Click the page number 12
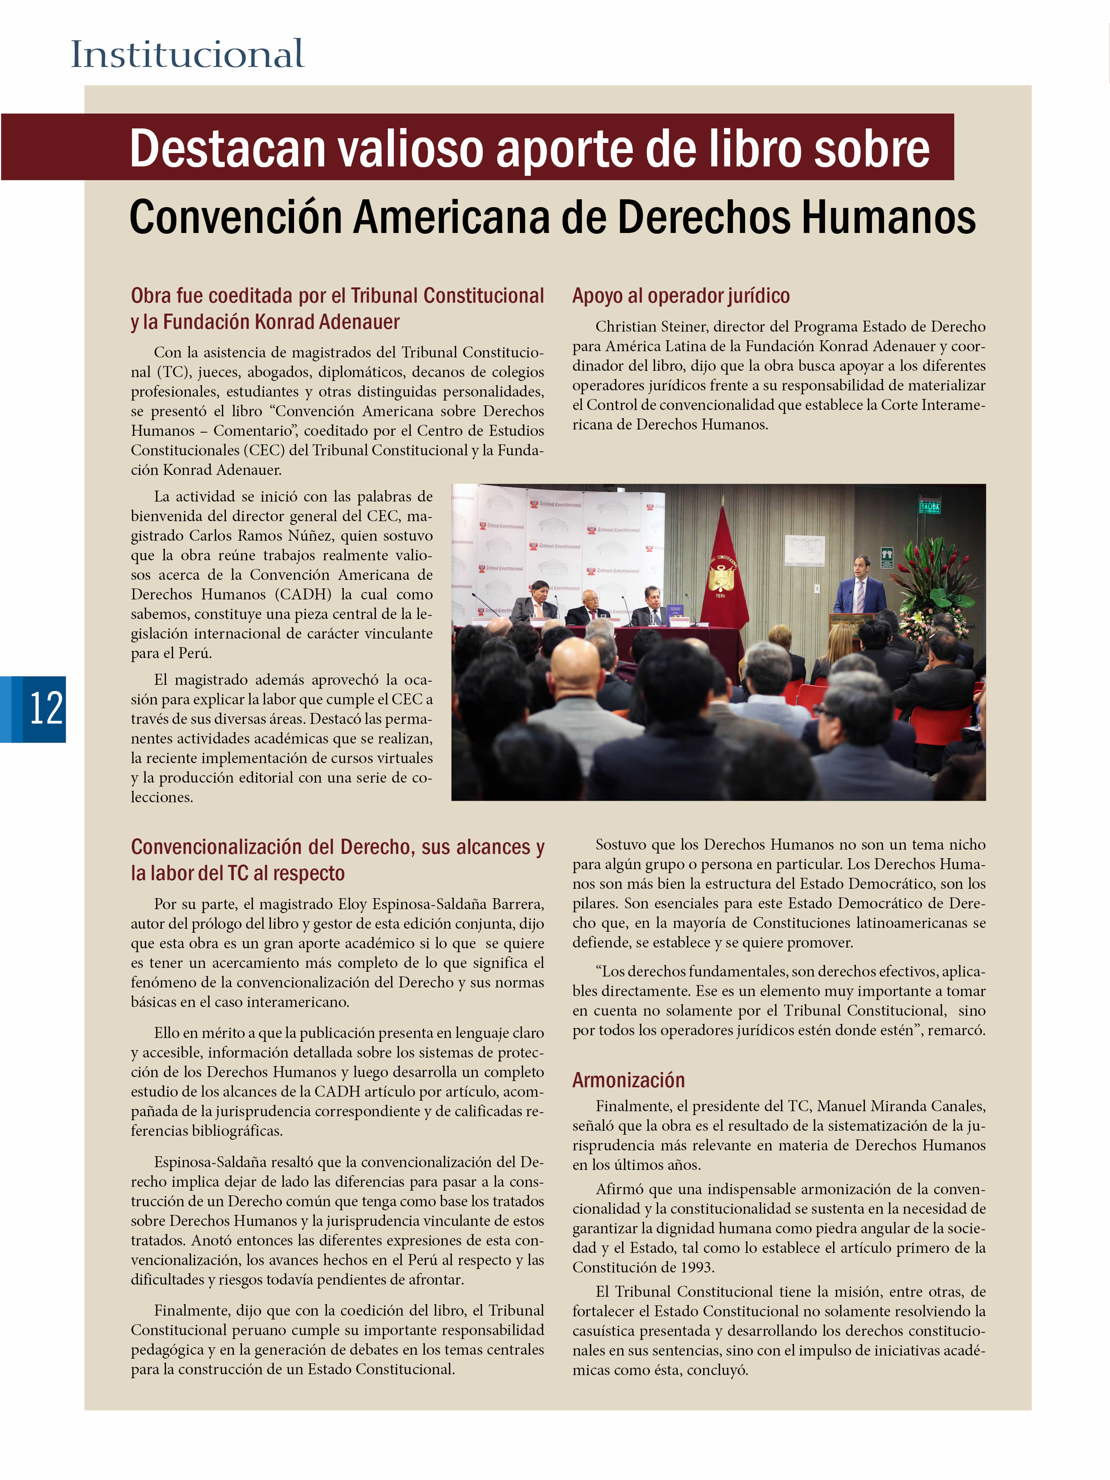click(x=45, y=709)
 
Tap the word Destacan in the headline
click(x=227, y=148)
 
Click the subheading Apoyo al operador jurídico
click(x=680, y=296)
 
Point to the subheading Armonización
click(x=628, y=1080)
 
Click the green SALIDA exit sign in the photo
click(x=930, y=507)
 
